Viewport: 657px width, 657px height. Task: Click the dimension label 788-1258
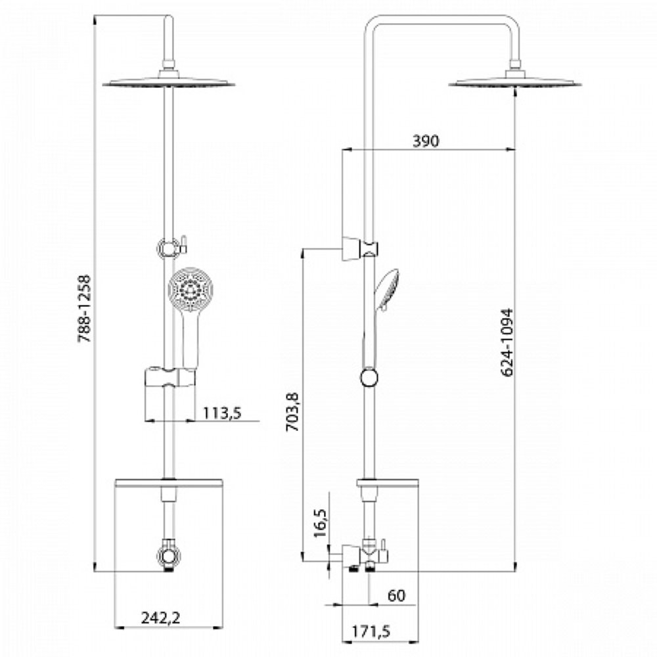click(x=84, y=308)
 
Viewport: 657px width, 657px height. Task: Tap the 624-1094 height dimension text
click(x=507, y=342)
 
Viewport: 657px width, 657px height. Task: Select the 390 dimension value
click(x=426, y=141)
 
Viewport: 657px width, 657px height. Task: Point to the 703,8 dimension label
click(x=292, y=412)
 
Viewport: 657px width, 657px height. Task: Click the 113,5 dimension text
click(x=223, y=413)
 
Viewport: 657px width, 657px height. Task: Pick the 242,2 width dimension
click(x=160, y=617)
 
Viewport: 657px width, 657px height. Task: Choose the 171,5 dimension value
click(x=371, y=631)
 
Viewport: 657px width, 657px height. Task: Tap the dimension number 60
click(x=396, y=595)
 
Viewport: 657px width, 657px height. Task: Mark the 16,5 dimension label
click(x=320, y=524)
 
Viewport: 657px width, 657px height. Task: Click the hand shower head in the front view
click(x=191, y=289)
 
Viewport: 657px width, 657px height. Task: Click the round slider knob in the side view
click(x=369, y=376)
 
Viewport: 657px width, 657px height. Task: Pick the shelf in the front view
click(x=168, y=482)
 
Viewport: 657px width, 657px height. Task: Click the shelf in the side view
click(x=388, y=482)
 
